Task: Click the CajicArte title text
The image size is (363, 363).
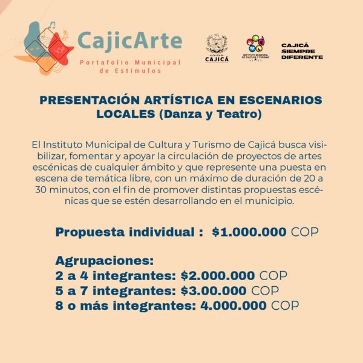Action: click(129, 41)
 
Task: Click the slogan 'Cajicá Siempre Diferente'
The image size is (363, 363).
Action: click(302, 51)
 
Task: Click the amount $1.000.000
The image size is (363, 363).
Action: click(249, 232)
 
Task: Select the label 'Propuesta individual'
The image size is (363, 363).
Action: click(125, 232)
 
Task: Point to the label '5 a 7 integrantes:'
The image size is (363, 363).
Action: click(115, 290)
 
